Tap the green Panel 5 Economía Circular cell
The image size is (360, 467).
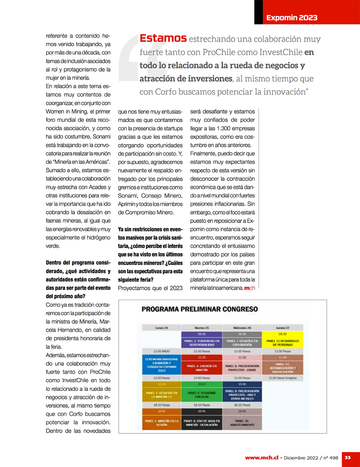tap(200, 394)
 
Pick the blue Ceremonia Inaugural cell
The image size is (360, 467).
tap(161, 365)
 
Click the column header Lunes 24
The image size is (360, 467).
tap(161, 328)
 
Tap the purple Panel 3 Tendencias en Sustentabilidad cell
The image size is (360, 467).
tap(200, 342)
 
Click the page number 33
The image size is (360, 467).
tap(347, 457)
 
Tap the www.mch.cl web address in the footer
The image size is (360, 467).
tap(261, 458)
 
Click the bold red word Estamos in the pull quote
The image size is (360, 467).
tap(163, 39)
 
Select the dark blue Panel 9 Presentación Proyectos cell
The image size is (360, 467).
tap(242, 394)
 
